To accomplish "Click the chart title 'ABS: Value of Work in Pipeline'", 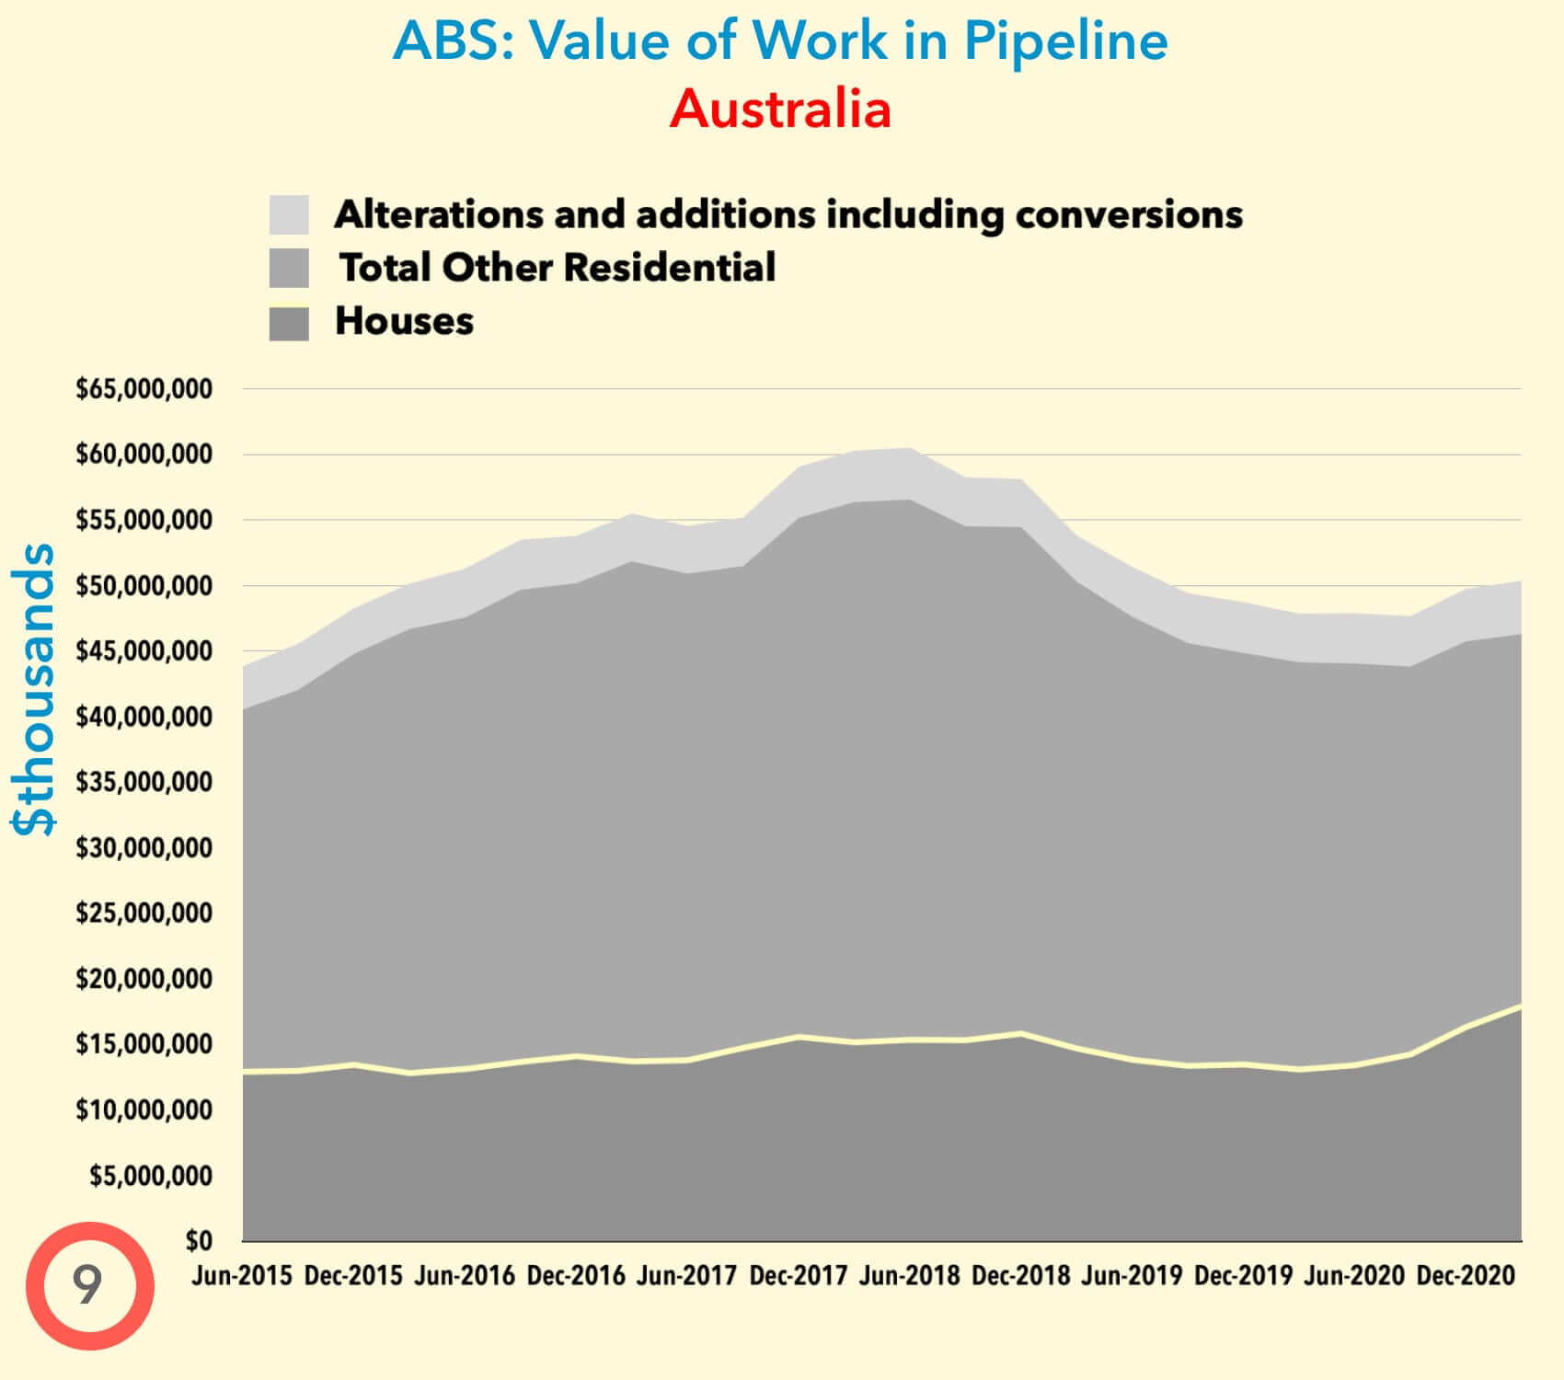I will [x=780, y=41].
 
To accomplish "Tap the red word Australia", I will [x=780, y=109].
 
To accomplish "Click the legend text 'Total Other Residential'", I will [x=558, y=268].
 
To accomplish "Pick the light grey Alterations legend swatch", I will [x=289, y=214].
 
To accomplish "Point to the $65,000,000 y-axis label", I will [x=144, y=389].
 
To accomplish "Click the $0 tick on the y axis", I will [x=199, y=1241].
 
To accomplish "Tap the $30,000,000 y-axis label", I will [x=144, y=847].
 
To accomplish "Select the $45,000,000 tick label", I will [x=144, y=651].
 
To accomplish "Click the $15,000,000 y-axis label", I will [x=144, y=1044].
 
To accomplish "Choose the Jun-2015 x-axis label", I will [x=242, y=1276].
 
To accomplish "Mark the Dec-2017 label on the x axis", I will [x=799, y=1276].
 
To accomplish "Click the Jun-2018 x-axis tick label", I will [x=910, y=1276].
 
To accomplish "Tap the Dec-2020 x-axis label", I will [x=1466, y=1276].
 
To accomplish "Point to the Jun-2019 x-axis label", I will [x=1132, y=1276].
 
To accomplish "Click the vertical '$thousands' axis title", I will [x=35, y=689].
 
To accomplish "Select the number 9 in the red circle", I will [x=88, y=1285].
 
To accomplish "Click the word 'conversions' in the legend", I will [x=1129, y=214].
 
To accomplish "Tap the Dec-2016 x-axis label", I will [x=576, y=1276].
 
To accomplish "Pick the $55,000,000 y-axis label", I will [x=144, y=521].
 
